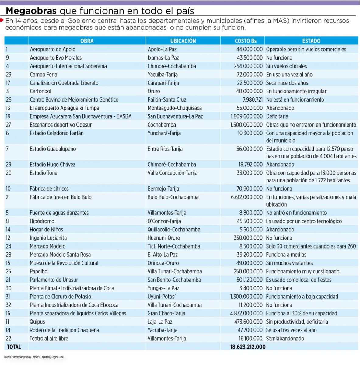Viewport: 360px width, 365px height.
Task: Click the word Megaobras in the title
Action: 31,11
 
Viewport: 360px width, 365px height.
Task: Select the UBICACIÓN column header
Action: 183,41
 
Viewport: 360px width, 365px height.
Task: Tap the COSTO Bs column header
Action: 246,41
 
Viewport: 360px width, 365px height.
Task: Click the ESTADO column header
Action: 311,41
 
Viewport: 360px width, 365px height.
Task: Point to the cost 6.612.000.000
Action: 246,197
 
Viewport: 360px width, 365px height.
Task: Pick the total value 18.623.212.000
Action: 248,347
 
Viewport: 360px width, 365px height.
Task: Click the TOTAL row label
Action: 14,347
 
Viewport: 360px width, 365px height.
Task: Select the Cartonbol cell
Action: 40,91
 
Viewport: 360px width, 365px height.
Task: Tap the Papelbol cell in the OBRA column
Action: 39,271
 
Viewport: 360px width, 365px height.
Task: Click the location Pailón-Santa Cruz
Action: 167,100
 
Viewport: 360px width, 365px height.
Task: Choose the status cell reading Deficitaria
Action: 277,116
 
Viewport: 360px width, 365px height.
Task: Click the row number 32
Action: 8,305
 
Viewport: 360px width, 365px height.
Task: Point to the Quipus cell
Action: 37,322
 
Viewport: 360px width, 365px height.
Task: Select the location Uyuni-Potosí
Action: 161,297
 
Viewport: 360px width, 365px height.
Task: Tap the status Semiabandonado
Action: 285,339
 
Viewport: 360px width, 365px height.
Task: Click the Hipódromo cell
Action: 42,221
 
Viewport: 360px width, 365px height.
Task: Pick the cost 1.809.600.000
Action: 246,116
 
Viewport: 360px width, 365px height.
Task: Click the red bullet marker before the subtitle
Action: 2,20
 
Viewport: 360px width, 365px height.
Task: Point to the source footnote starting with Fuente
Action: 34,357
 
